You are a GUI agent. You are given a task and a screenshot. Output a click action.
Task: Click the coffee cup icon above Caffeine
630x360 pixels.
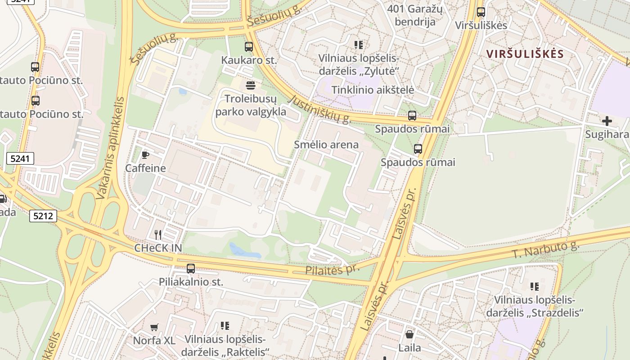145,155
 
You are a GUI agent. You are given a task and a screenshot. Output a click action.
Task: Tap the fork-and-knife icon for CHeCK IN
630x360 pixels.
158,234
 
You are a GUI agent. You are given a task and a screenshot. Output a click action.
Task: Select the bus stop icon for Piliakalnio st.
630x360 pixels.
191,269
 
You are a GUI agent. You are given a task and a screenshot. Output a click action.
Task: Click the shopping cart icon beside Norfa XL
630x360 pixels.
154,327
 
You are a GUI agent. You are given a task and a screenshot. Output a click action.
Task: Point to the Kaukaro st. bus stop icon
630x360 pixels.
248,46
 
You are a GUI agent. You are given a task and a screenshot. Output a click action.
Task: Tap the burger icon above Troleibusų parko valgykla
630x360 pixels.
250,85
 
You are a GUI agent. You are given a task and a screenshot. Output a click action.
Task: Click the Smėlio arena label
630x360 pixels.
326,144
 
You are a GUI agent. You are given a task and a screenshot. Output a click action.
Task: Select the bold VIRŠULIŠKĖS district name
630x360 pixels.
525,54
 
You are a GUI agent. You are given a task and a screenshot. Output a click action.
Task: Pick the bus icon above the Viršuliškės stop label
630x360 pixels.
481,12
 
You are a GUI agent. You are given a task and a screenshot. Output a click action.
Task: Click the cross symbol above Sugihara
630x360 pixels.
607,121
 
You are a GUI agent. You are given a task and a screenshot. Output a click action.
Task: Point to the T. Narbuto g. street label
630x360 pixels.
545,249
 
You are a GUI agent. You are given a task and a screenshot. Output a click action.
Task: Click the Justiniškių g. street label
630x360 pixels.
320,109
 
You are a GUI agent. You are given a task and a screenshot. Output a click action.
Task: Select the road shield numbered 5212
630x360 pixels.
44,216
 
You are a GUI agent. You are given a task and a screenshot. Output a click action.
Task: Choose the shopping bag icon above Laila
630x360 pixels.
409,334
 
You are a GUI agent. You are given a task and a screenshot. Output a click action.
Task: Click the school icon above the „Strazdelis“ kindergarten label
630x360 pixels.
534,286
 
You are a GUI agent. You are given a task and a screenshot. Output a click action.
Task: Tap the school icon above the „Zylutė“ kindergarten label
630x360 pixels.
359,45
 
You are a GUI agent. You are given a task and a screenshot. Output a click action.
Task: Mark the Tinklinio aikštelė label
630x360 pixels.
373,90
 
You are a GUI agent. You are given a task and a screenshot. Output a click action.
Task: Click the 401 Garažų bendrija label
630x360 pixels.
415,15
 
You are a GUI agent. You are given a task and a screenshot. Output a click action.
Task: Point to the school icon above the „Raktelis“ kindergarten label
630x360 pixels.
225,325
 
